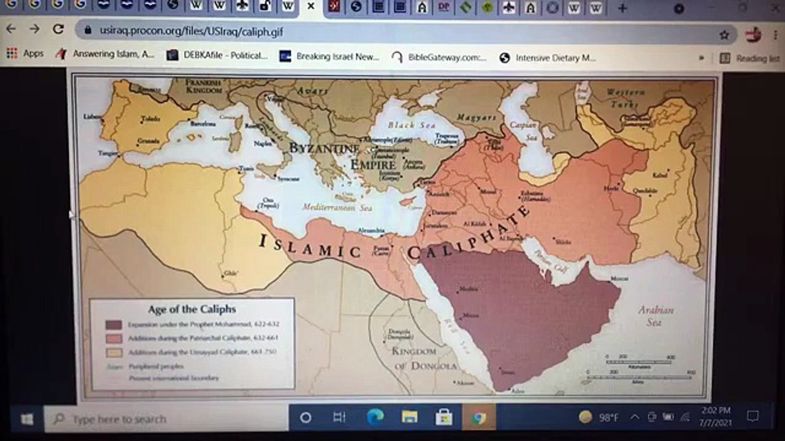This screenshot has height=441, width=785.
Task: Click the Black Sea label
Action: point(419,125)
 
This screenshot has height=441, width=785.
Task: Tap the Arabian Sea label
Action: point(655,315)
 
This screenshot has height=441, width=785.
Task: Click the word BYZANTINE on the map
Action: point(324,149)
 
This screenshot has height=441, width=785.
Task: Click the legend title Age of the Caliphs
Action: point(192,309)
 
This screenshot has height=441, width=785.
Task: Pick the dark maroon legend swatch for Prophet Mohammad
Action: point(113,325)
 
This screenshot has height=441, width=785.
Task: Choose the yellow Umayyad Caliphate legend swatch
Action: point(113,352)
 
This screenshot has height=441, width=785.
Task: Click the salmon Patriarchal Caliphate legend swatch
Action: point(113,338)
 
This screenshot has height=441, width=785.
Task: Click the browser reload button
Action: point(58,29)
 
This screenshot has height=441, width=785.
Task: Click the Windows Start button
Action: point(27,419)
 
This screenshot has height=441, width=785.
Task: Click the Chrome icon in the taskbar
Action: point(478,418)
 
